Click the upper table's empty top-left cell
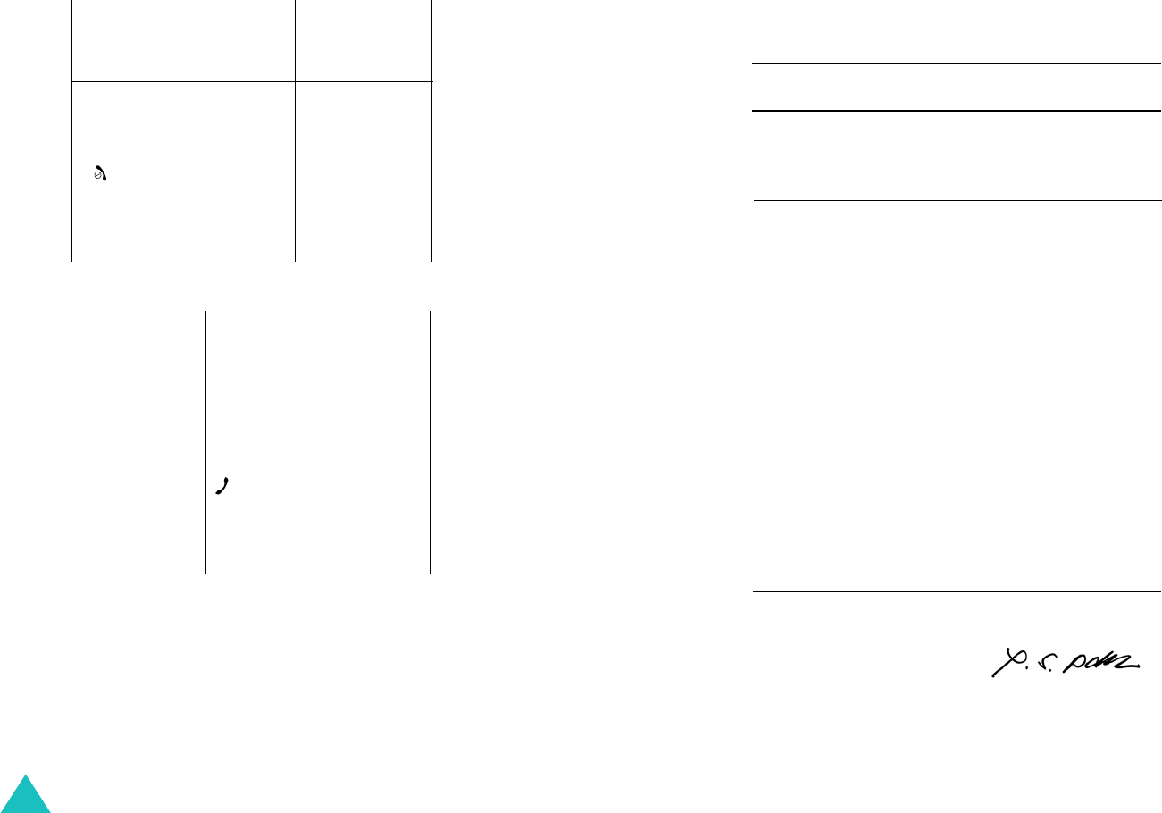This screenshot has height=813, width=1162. tap(183, 40)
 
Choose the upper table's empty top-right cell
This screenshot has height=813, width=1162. tap(364, 40)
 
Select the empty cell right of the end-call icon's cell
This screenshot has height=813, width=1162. tap(364, 172)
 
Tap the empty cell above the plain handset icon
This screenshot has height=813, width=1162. tap(318, 354)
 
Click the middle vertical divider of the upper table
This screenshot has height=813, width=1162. tap(295, 134)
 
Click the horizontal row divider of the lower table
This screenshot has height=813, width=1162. tap(318, 398)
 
